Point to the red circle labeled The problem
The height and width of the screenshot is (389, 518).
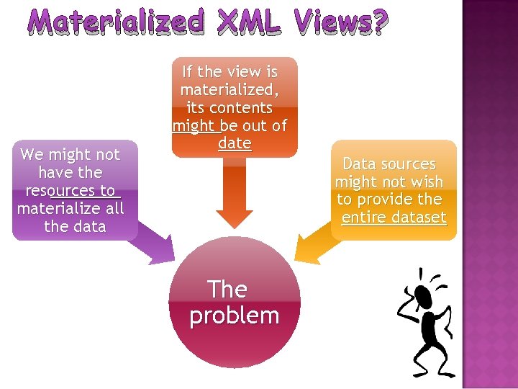[x=234, y=302]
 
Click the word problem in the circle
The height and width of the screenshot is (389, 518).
[x=234, y=316]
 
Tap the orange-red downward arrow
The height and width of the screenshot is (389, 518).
[x=234, y=194]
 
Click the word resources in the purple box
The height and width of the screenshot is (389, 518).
[x=70, y=191]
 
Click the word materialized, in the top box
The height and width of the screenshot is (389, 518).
[x=230, y=90]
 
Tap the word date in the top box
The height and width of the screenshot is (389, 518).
[x=235, y=143]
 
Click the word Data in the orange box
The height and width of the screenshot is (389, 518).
[x=359, y=164]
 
